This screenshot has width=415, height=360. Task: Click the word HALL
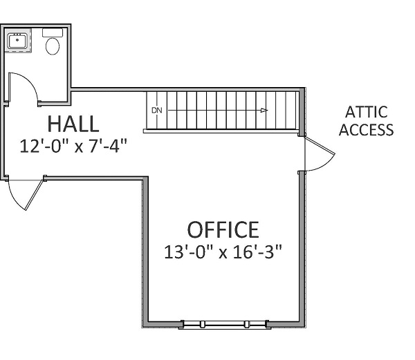(73, 124)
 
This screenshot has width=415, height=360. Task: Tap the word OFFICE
(223, 229)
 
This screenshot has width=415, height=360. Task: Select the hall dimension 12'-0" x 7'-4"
(73, 146)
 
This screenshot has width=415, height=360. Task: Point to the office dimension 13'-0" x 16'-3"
(223, 252)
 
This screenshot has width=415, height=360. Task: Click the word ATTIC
(367, 112)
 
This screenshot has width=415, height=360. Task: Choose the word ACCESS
(367, 129)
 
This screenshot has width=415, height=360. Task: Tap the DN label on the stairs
(157, 111)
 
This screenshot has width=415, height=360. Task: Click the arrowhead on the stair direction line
(264, 111)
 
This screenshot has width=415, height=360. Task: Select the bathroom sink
(17, 41)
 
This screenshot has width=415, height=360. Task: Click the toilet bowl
(53, 46)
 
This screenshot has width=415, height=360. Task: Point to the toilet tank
(53, 32)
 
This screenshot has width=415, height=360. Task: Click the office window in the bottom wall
(224, 324)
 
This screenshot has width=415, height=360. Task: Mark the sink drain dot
(17, 40)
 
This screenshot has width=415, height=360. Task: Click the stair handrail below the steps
(221, 131)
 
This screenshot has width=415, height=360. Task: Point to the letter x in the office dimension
(223, 254)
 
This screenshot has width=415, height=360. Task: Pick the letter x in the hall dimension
(79, 148)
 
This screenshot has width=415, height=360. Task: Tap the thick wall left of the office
(145, 251)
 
